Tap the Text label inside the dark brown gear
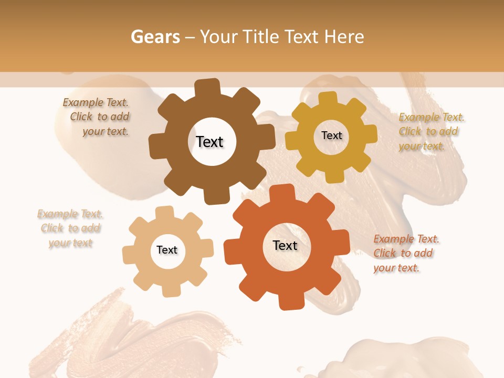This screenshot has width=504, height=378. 209,142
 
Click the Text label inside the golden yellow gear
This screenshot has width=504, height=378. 331,135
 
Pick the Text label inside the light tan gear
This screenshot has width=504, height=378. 167,250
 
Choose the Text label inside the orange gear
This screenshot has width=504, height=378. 285,245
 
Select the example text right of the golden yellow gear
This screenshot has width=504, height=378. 430,132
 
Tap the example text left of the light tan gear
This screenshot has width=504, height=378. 70,228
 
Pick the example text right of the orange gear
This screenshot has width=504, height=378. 405,254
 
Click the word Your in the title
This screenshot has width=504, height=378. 216,37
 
